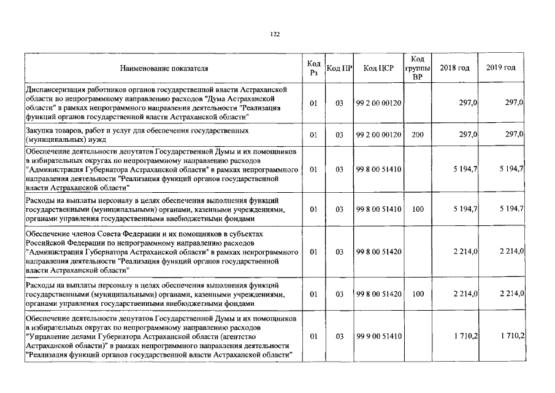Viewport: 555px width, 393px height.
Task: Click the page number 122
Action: [x=275, y=34]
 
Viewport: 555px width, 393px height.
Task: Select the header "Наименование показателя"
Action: [x=164, y=68]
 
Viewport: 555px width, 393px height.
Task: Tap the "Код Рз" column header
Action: [x=313, y=68]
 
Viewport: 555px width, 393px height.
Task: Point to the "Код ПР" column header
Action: [x=339, y=68]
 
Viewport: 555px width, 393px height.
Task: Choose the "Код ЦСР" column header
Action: [x=378, y=68]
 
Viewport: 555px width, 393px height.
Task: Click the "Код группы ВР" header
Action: [x=418, y=68]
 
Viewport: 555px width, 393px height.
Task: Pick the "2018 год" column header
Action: [x=455, y=68]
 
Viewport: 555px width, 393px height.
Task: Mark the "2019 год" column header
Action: [x=501, y=68]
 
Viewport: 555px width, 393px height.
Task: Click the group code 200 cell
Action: [x=418, y=134]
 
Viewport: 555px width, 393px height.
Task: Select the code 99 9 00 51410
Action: [x=378, y=337]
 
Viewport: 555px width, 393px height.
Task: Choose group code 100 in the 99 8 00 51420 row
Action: [x=418, y=294]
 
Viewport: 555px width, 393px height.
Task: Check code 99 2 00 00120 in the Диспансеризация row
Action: [x=378, y=103]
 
